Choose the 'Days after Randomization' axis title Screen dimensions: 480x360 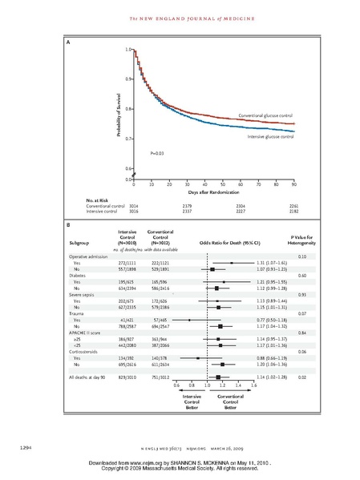point(212,193)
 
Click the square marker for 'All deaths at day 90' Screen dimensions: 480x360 point(218,376)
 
